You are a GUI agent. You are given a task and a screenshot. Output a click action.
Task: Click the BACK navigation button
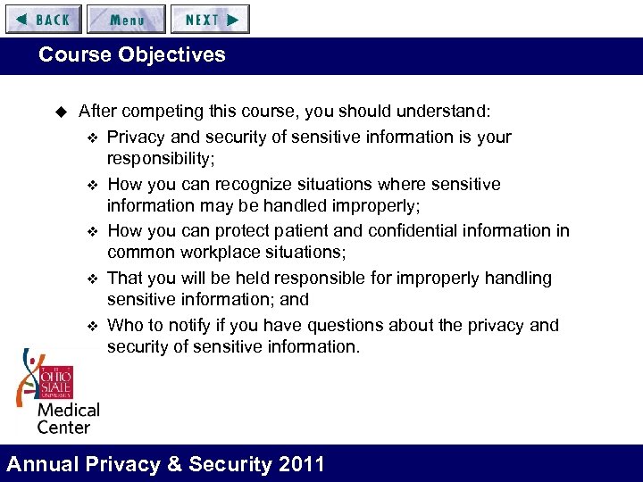click(44, 19)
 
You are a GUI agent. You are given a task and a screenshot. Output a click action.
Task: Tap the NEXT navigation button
click(211, 19)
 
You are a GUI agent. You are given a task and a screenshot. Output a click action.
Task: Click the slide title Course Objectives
click(132, 54)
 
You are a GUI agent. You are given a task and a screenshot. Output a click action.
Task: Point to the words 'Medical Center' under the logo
click(67, 418)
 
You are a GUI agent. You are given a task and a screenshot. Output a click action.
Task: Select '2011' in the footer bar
click(301, 464)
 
